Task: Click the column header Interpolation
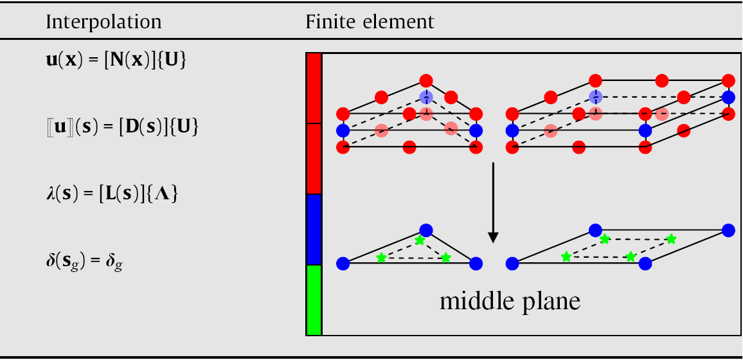click(103, 22)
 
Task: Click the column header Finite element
click(370, 22)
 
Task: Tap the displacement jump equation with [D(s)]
click(117, 127)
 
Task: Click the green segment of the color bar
click(314, 300)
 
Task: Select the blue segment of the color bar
click(314, 230)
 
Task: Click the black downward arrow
click(493, 203)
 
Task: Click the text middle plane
click(510, 301)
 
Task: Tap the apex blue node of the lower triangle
click(425, 230)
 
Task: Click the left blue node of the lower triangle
click(343, 262)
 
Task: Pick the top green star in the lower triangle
click(420, 240)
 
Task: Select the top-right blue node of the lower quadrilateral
click(728, 230)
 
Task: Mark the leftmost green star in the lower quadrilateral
click(566, 257)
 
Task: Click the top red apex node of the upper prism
click(425, 81)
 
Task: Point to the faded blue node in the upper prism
click(425, 97)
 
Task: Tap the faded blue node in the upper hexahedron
click(595, 97)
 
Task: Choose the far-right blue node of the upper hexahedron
click(728, 98)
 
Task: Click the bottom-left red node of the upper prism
click(343, 147)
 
